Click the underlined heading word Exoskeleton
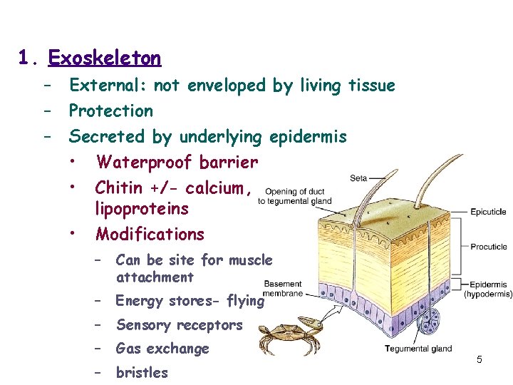pyautogui.click(x=105, y=57)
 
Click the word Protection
pyautogui.click(x=111, y=111)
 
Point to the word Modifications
pyautogui.click(x=150, y=234)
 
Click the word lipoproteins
pyautogui.click(x=142, y=209)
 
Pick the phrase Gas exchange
pyautogui.click(x=162, y=349)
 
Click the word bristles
pyautogui.click(x=142, y=372)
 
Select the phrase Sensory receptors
pyautogui.click(x=179, y=325)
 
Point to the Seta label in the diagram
pyautogui.click(x=359, y=178)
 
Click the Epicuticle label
pyautogui.click(x=488, y=212)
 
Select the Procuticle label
pyautogui.click(x=489, y=247)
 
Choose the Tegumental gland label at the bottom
pyautogui.click(x=418, y=349)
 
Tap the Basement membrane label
pyautogui.click(x=283, y=288)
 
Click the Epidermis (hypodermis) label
pyautogui.click(x=488, y=289)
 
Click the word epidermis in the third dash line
pyautogui.click(x=308, y=137)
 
